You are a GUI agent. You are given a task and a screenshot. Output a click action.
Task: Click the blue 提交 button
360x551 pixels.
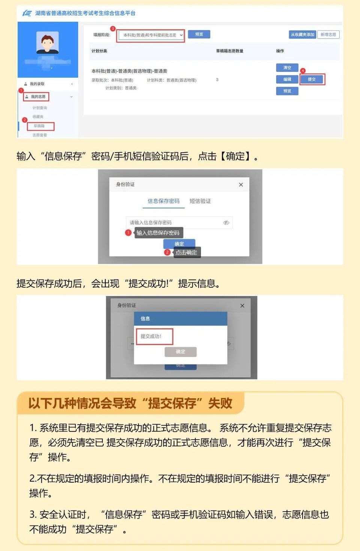coord(312,80)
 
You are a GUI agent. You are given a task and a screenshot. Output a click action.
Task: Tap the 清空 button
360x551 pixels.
coord(287,68)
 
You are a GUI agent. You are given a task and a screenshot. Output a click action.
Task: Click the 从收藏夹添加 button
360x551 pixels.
coord(302,35)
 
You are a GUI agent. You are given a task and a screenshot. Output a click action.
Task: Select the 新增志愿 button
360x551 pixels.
coord(328,35)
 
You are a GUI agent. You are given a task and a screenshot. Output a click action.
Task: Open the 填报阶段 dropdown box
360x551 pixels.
coord(150,35)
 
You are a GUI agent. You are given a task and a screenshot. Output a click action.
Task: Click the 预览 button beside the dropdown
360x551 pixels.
coord(199,35)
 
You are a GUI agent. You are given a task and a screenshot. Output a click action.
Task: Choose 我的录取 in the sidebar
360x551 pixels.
coord(37,84)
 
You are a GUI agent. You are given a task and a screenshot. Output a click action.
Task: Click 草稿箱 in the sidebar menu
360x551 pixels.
coord(39,126)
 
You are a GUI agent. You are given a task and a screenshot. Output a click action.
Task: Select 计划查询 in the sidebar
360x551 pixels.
coord(40,108)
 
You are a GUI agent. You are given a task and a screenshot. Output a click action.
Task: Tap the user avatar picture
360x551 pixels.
coord(48,42)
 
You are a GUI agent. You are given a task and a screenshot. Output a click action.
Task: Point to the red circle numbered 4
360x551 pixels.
coord(303,71)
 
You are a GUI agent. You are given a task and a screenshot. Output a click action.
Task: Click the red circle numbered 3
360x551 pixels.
coord(112,29)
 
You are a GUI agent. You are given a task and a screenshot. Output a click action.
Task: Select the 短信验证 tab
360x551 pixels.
coord(200,201)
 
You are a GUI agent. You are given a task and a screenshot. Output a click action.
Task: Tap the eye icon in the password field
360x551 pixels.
coord(226,223)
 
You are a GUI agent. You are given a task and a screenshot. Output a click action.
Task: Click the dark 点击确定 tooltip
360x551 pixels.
coord(186,253)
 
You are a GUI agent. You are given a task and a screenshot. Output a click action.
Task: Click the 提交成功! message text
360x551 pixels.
coord(151,336)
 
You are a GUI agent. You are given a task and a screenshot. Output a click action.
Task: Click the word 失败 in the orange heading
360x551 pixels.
coord(220,403)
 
